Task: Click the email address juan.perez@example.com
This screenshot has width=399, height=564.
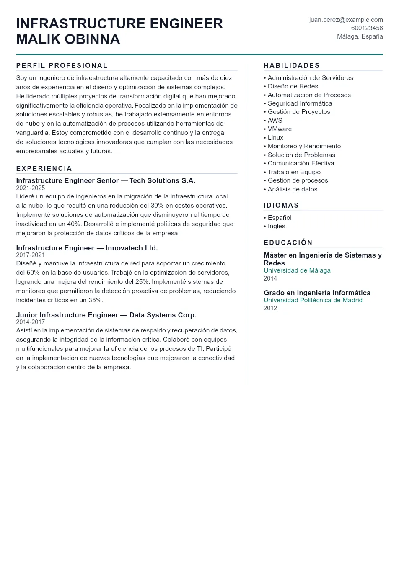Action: (x=346, y=20)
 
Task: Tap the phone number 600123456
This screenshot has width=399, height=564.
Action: (x=367, y=28)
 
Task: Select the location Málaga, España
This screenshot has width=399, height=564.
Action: (x=360, y=36)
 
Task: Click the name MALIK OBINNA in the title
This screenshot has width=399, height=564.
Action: (x=68, y=39)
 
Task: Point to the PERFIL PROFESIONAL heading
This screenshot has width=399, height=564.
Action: (x=62, y=65)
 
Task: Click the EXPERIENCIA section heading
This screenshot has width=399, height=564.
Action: (x=44, y=168)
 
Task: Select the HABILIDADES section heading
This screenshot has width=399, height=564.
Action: (x=292, y=65)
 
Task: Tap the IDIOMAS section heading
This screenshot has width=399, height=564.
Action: (x=281, y=205)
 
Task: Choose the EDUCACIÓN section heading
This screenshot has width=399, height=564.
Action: (x=288, y=242)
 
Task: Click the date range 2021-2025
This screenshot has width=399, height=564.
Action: (x=30, y=188)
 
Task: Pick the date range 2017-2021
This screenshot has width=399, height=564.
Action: (x=30, y=255)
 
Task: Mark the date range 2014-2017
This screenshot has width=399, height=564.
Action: (x=30, y=322)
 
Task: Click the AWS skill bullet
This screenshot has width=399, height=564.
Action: (x=275, y=121)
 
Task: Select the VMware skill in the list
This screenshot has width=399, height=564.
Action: (x=279, y=129)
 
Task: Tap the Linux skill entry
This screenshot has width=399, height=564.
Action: (x=275, y=138)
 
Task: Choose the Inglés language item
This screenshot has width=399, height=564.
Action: (x=276, y=226)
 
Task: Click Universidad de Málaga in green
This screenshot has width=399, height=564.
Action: (x=297, y=270)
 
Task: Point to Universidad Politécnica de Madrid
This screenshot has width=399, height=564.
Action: (x=313, y=300)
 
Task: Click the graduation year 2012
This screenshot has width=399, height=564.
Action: (x=270, y=308)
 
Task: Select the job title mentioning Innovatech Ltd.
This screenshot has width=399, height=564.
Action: (x=87, y=248)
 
